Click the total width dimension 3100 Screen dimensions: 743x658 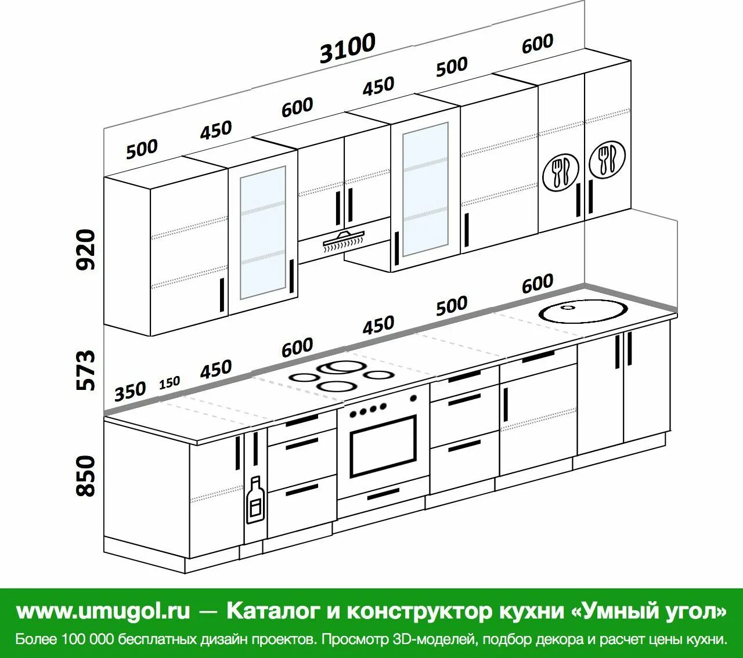tap(348, 48)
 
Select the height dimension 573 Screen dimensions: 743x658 tap(85, 370)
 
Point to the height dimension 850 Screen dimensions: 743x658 tap(85, 476)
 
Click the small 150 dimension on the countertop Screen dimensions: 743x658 tap(169, 383)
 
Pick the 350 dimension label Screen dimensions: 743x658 tap(130, 392)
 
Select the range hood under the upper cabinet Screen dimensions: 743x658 tap(343, 239)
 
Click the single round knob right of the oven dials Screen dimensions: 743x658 tap(413, 398)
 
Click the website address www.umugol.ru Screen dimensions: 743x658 tap(103, 611)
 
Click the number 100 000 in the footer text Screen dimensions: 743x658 tap(86, 639)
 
